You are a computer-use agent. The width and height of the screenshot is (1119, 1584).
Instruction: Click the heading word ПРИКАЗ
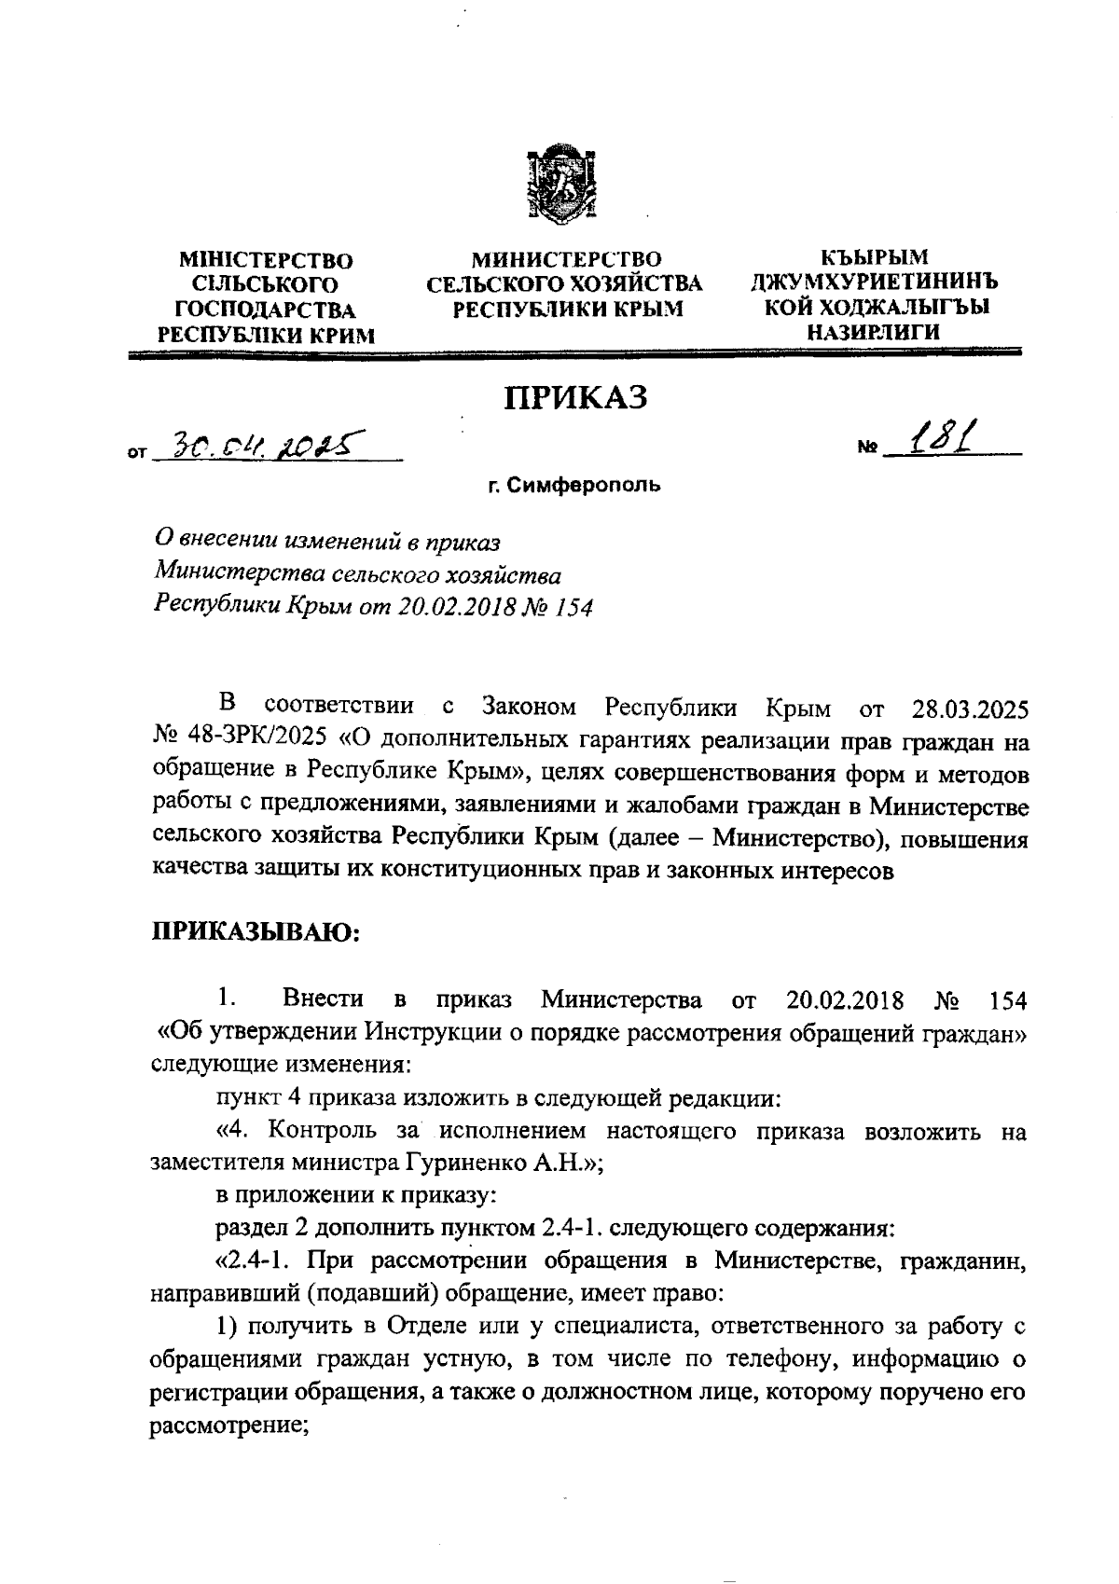click(x=574, y=398)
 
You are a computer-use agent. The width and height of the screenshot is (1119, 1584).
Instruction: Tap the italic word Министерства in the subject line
click(x=231, y=574)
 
